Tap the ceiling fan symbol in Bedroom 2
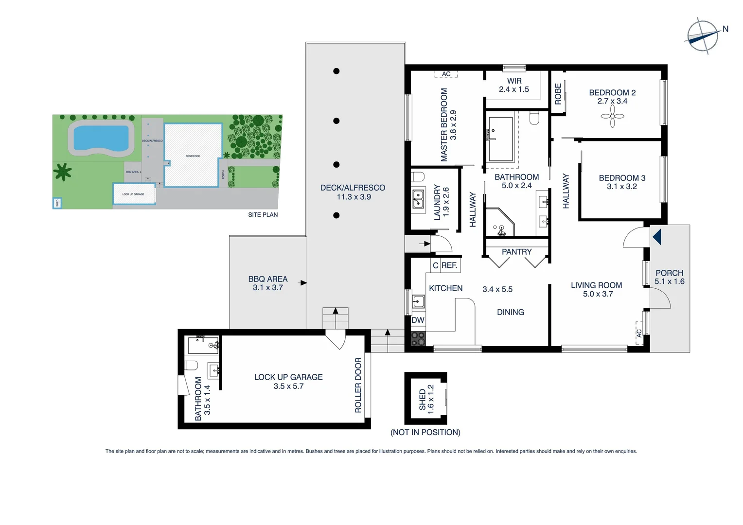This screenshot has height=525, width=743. point(612,116)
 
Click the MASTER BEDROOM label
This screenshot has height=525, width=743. point(444,124)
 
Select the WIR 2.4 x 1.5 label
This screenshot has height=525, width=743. point(513,85)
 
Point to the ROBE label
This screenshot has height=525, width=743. point(558,94)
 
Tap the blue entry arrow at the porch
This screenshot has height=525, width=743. point(657,237)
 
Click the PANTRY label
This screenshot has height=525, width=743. point(516,252)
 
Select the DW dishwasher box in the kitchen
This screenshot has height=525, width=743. point(418,320)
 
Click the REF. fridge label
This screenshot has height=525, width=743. point(449,265)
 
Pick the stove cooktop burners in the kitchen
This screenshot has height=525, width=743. point(418,338)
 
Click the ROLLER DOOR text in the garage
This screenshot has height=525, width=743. point(358,385)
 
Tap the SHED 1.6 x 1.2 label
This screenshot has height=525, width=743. point(426,399)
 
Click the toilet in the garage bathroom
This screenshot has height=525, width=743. point(192,365)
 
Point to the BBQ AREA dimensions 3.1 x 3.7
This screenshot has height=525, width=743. point(267,288)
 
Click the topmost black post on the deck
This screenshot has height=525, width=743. point(336,71)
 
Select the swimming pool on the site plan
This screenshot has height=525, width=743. point(101,138)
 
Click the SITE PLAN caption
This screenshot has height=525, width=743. point(263,214)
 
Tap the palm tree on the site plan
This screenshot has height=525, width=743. point(63,172)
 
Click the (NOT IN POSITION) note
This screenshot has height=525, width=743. point(425,432)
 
